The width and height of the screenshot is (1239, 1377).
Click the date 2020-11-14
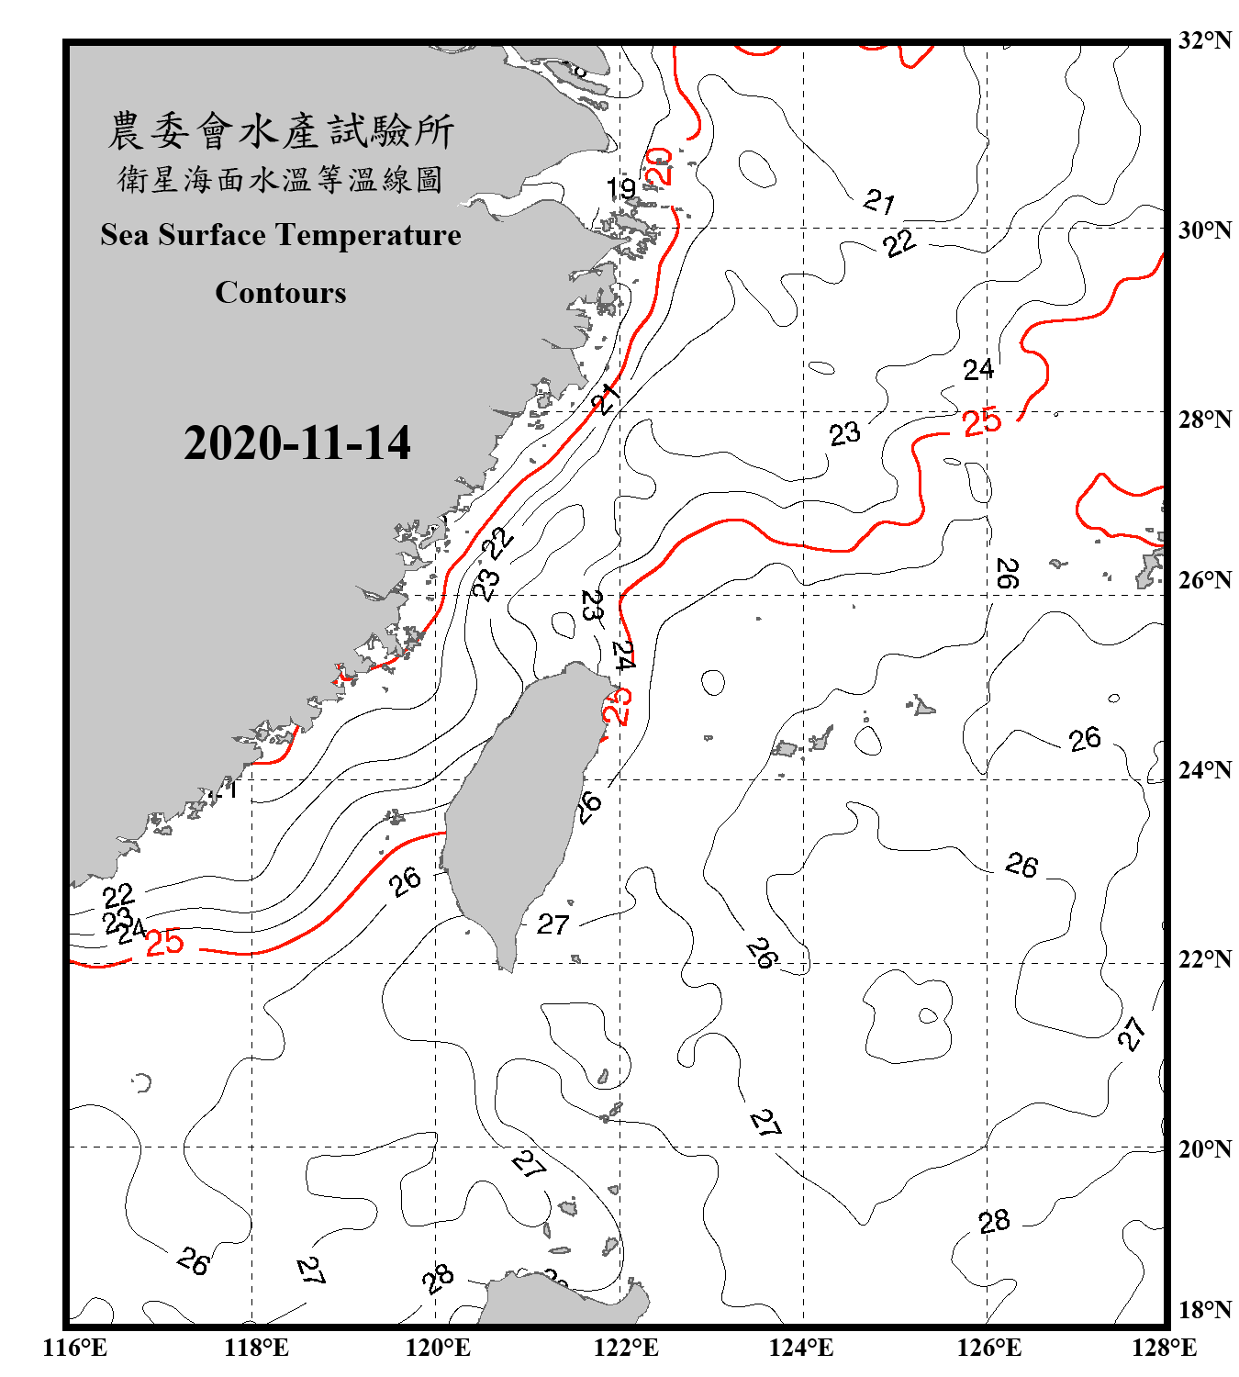[x=296, y=443]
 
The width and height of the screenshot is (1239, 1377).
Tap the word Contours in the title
[x=280, y=292]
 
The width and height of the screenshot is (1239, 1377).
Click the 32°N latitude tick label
[x=1204, y=40]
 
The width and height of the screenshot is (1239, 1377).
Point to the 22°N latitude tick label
[x=1204, y=959]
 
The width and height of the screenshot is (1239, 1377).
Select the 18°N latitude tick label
[x=1204, y=1310]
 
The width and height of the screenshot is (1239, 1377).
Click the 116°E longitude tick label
[x=75, y=1349]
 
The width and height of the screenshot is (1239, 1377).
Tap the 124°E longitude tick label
[x=801, y=1349]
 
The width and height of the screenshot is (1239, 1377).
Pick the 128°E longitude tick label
[x=1164, y=1349]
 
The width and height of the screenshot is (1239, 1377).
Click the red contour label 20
[x=661, y=166]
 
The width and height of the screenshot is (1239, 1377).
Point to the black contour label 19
[x=621, y=188]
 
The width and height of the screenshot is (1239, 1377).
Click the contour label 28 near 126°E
[x=994, y=1222]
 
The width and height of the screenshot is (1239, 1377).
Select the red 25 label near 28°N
[x=981, y=422]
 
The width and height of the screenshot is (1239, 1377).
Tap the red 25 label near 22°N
[x=165, y=943]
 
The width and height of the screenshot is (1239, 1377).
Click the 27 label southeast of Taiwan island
[x=553, y=924]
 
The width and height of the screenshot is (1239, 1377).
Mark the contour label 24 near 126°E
[x=977, y=370]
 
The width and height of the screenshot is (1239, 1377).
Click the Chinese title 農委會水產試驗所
[x=281, y=130]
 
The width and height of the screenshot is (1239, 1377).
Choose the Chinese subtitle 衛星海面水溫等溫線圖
[x=280, y=179]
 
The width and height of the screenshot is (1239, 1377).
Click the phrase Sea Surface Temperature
[x=280, y=235]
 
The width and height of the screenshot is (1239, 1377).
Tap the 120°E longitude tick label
[x=438, y=1349]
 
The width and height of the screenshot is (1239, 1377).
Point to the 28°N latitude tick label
[x=1204, y=420]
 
